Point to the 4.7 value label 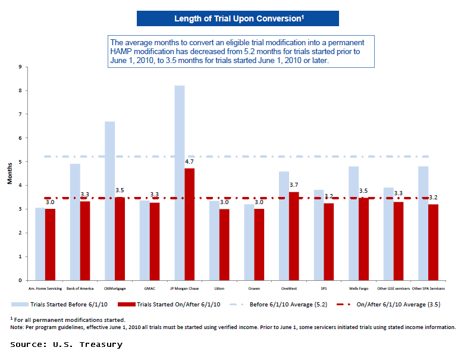coord(190,161)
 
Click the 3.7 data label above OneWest coord(294,185)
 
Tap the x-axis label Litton coord(219,288)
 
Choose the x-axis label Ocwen coord(254,288)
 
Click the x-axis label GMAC coord(149,288)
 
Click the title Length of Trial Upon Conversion coord(238,18)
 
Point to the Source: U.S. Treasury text coord(66,345)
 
